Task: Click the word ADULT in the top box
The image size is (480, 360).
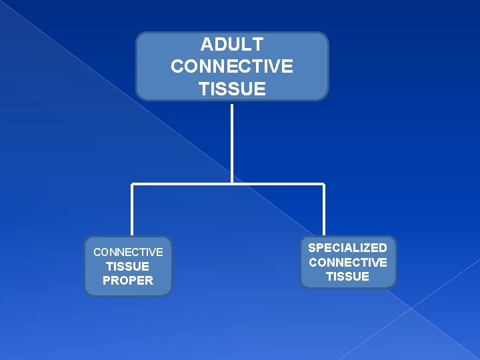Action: [232, 45]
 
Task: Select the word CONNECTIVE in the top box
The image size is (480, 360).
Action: [232, 67]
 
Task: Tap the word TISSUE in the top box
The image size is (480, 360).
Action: [232, 89]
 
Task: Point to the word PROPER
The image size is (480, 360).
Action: [128, 281]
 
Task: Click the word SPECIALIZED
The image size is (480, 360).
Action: [347, 248]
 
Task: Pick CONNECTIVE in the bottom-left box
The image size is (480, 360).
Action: [128, 252]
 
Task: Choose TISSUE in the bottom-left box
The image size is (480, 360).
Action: [128, 267]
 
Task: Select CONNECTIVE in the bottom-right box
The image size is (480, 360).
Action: [347, 263]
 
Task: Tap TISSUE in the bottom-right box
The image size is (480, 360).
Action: [347, 277]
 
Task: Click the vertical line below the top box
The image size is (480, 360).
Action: [232, 140]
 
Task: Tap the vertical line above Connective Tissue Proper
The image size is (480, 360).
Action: [132, 210]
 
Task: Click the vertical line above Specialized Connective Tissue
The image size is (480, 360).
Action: [324, 210]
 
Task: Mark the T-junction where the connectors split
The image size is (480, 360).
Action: [232, 183]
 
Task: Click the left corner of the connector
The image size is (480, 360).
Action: [132, 183]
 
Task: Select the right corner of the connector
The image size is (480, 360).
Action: [324, 183]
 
